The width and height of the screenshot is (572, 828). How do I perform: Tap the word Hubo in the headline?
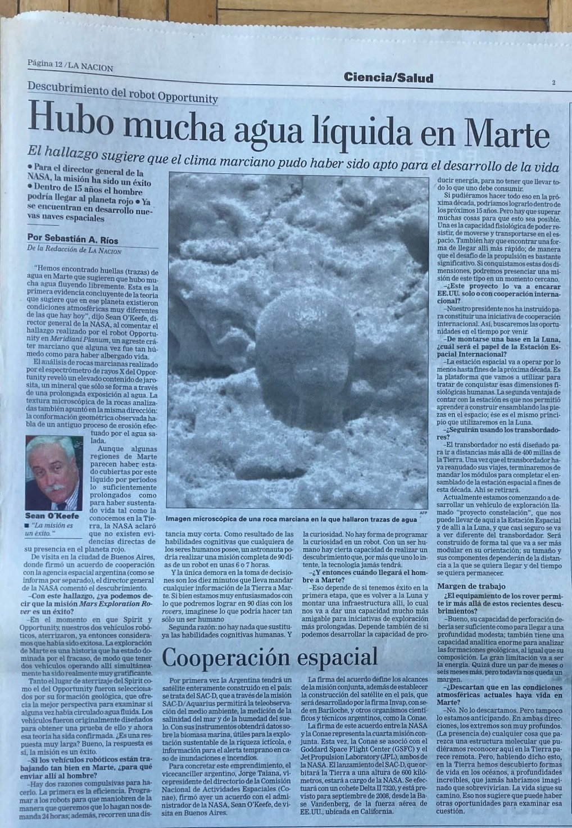pos(66,116)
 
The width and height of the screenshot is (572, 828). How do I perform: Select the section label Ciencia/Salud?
pos(389,78)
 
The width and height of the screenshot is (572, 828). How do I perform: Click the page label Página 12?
pos(44,64)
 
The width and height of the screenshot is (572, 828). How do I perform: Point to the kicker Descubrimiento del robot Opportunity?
pos(122,93)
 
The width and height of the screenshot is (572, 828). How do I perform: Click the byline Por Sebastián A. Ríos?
pos(72,240)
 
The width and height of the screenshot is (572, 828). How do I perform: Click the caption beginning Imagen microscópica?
pos(291,519)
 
